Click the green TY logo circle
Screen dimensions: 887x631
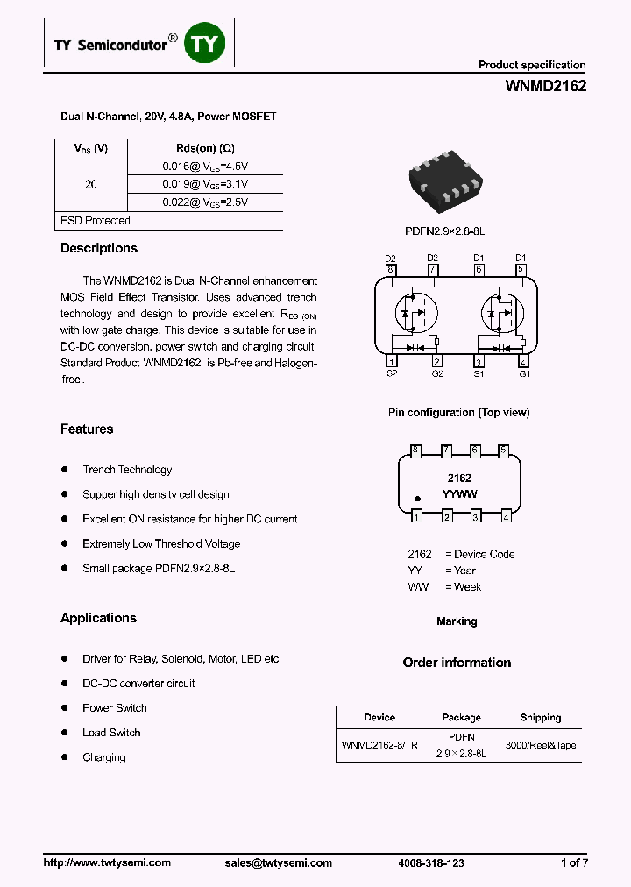[207, 43]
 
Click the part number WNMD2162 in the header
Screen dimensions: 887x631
[545, 86]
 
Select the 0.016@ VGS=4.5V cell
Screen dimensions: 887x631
[205, 166]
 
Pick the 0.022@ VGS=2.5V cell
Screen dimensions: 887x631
[205, 202]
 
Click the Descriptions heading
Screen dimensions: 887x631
[99, 248]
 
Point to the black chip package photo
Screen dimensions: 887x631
[447, 181]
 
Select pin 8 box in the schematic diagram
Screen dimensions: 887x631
[391, 269]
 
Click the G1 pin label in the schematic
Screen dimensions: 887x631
[524, 373]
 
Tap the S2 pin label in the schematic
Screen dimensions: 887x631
[391, 373]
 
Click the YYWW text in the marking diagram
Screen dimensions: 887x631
[459, 494]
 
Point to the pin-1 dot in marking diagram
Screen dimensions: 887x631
[418, 499]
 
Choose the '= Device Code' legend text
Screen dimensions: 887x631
[479, 554]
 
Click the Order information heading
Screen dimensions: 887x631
[457, 663]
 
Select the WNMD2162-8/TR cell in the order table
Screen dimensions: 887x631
[379, 745]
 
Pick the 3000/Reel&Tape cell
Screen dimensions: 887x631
[541, 745]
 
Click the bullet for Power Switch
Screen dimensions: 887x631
[65, 707]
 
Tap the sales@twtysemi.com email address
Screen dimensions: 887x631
[278, 862]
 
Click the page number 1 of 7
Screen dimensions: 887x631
[573, 862]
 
